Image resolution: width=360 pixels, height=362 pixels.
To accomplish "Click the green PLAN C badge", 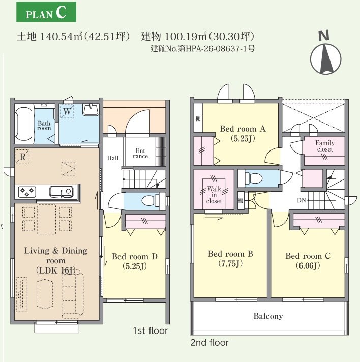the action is click(46, 12).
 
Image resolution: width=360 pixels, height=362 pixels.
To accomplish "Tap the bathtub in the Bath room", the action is click(24, 124).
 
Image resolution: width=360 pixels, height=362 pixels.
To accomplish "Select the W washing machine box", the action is click(67, 111).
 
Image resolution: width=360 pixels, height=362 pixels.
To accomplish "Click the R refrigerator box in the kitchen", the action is click(22, 156).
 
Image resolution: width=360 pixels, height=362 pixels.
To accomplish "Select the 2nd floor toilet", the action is click(254, 178).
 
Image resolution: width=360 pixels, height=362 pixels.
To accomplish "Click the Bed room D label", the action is click(135, 256).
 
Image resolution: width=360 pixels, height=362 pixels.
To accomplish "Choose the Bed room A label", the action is click(243, 129).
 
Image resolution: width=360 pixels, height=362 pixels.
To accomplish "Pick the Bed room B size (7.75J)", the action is click(230, 264).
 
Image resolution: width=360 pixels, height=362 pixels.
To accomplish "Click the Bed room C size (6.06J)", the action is click(308, 266).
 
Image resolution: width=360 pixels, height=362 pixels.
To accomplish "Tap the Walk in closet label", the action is click(214, 195).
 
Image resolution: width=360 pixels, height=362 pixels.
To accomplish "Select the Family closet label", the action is click(325, 146).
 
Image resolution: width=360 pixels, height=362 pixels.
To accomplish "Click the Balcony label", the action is click(268, 316).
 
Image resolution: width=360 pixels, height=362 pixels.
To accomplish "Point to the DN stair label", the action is click(302, 200).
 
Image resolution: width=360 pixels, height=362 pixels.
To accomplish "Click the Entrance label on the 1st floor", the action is click(140, 154).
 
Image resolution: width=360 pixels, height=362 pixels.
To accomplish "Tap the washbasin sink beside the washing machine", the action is click(91, 109).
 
